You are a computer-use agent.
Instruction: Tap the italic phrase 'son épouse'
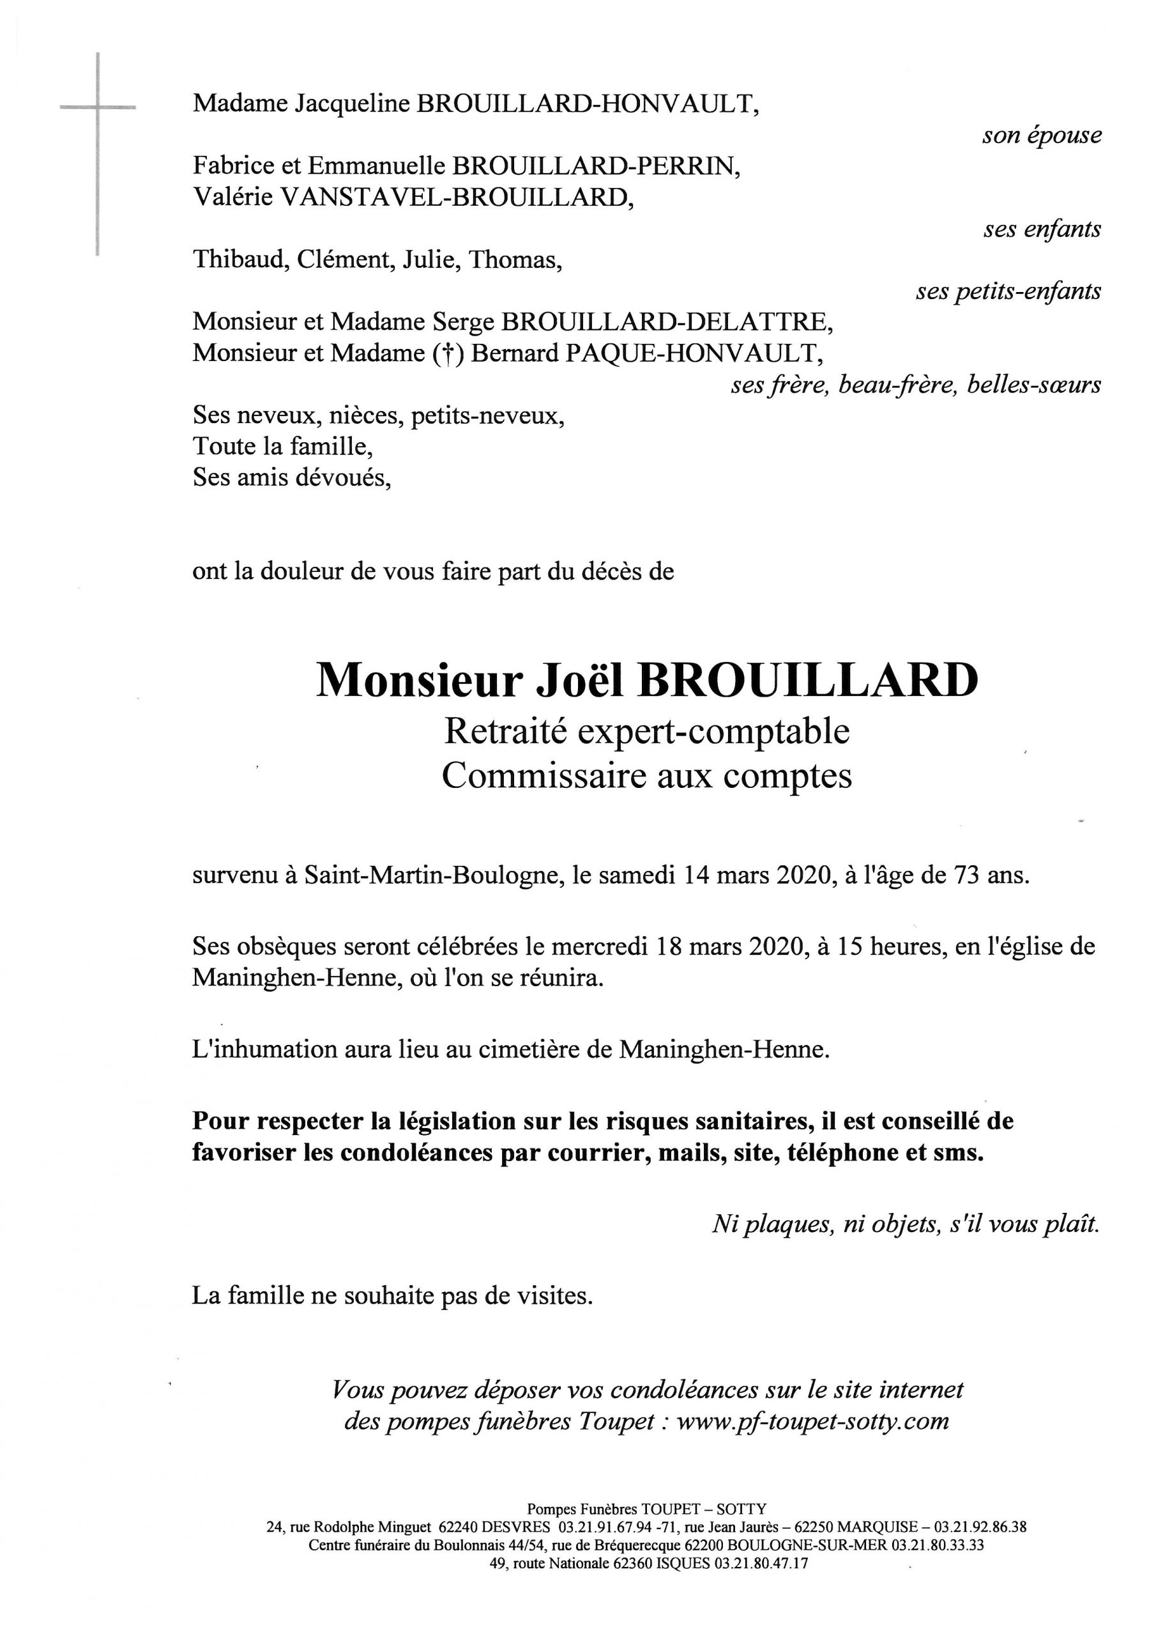[x=1041, y=135]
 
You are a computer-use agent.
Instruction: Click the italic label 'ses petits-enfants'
[x=1008, y=291]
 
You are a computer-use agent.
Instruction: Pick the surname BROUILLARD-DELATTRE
[x=667, y=322]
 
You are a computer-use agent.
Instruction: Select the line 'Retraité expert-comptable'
[x=647, y=732]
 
